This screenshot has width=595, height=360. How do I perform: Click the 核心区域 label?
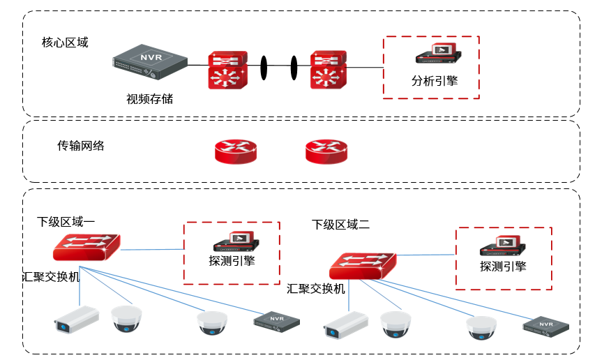pos(65,43)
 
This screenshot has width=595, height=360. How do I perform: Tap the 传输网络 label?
pos(81,146)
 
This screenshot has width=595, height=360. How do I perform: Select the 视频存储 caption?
pos(149,98)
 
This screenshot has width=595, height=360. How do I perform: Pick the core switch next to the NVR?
pos(227,69)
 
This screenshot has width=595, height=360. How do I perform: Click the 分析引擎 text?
pos(435,80)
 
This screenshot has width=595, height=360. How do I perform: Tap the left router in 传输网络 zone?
pos(235,151)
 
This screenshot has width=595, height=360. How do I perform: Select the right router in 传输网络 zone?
pos(326,151)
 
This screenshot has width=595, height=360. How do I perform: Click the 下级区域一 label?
pos(66,221)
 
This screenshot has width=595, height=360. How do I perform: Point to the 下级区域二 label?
pos(340,224)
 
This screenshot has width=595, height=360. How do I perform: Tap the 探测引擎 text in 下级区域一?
pos(232,261)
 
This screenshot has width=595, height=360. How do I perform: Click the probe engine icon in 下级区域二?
pos(502,246)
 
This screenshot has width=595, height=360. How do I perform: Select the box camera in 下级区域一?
pos(77,318)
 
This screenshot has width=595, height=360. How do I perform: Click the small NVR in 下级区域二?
pos(546,326)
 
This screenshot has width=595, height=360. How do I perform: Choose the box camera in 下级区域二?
pos(346,324)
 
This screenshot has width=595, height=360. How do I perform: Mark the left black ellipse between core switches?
pos(265,67)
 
